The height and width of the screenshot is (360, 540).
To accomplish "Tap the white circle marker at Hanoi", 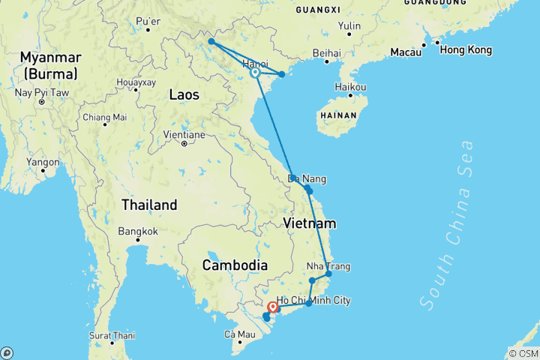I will pyautogui.click(x=255, y=73).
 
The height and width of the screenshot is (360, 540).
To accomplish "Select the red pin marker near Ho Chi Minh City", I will pyautogui.click(x=272, y=307).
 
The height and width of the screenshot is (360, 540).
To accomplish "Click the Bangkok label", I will pyautogui.click(x=137, y=231).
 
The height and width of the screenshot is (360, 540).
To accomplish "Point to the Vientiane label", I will pyautogui.click(x=184, y=135).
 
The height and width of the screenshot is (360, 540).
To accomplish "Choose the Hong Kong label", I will pyautogui.click(x=466, y=50).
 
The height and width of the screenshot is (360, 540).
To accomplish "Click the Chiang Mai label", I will pyautogui.click(x=104, y=117).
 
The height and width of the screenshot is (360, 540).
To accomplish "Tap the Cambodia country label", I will pyautogui.click(x=235, y=265).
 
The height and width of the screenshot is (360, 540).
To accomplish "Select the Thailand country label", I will pyautogui.click(x=151, y=205).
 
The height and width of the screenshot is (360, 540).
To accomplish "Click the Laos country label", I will pyautogui.click(x=184, y=94).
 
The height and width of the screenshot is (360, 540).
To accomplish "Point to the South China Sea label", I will pyautogui.click(x=448, y=225).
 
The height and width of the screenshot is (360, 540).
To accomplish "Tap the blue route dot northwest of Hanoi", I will pyautogui.click(x=211, y=42).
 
